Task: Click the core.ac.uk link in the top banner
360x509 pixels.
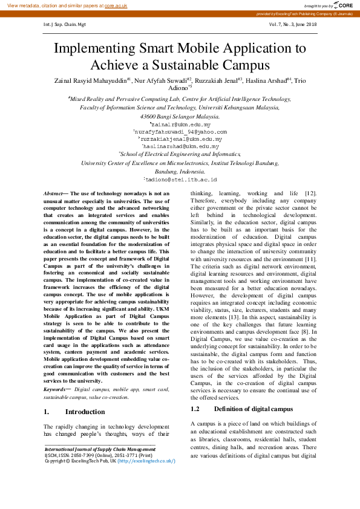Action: tap(116, 5)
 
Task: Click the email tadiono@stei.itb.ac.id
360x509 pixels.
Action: tap(180, 179)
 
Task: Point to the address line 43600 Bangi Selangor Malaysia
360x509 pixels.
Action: tap(180, 115)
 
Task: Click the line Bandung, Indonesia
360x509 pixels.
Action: tap(180, 171)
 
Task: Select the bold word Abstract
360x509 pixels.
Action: tap(56, 192)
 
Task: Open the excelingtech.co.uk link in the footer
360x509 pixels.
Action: tap(147, 460)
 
